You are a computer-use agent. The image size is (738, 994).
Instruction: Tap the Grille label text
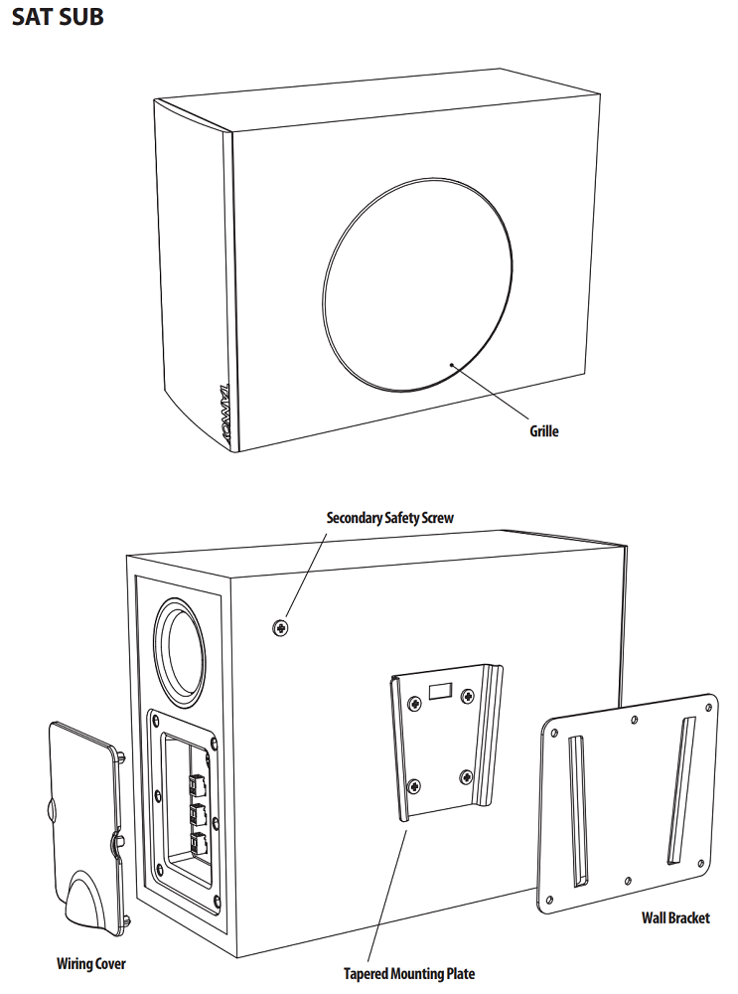tap(543, 431)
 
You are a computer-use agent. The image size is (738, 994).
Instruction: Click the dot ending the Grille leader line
tap(453, 365)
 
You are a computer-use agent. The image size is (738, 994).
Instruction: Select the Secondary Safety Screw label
tap(389, 518)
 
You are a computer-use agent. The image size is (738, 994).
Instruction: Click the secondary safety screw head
tap(280, 627)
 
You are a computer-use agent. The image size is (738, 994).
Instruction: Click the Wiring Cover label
tap(91, 963)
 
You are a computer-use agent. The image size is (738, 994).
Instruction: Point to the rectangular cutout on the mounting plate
tap(441, 688)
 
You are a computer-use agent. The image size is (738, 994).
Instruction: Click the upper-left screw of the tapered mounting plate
tap(411, 701)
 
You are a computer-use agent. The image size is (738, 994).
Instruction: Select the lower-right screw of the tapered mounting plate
tap(466, 775)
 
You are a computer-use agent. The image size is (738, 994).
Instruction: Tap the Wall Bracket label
tap(675, 917)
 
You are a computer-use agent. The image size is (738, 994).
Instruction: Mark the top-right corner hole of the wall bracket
tap(708, 703)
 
